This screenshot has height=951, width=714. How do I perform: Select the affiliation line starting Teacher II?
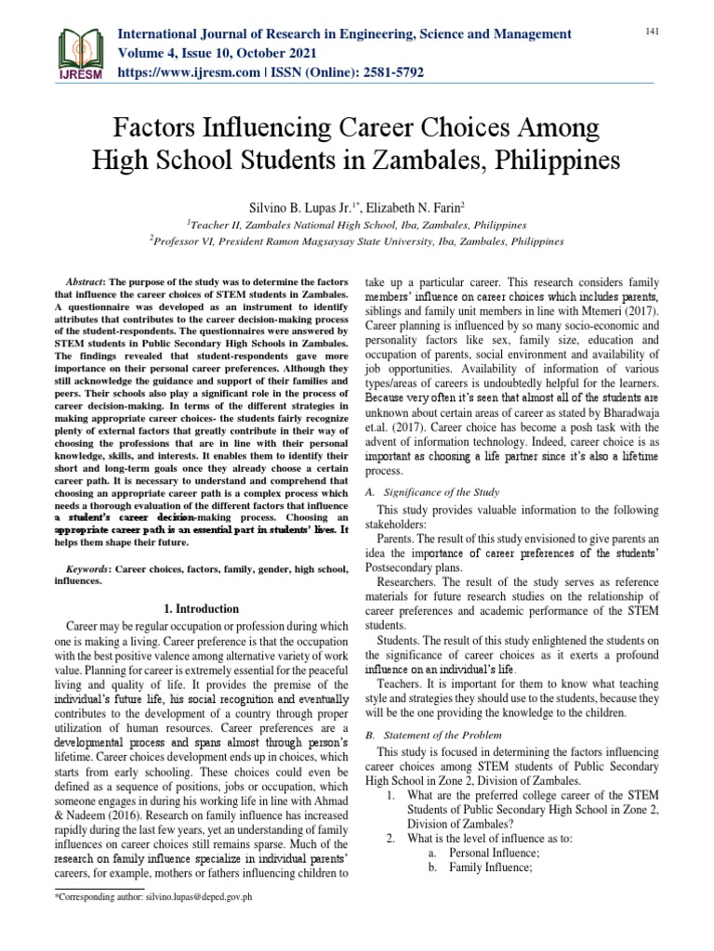(356, 225)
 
